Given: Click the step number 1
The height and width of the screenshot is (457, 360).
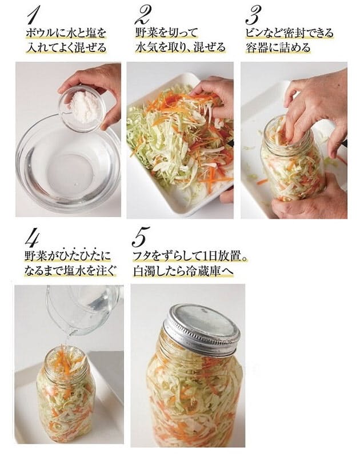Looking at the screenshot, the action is click(33, 15).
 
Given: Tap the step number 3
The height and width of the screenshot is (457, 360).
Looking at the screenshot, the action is click(253, 15).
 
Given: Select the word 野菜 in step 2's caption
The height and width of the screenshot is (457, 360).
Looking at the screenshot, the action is click(146, 33).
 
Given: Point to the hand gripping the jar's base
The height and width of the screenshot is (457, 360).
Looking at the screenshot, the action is click(309, 195).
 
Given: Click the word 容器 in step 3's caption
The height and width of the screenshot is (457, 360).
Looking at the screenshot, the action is click(255, 47).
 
